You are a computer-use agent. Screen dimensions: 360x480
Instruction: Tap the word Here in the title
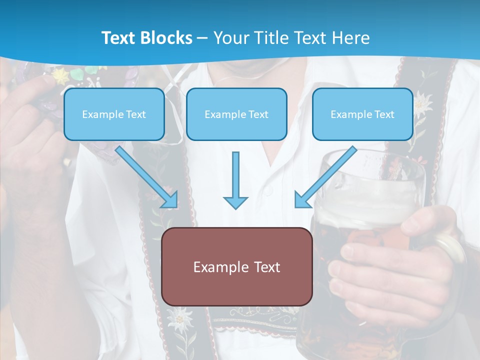351,38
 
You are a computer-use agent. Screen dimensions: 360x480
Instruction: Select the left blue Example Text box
114,114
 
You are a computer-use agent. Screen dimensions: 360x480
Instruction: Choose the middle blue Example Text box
236,114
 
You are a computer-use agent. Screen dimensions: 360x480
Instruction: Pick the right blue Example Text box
362,114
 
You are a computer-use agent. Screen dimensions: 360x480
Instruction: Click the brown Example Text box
236,266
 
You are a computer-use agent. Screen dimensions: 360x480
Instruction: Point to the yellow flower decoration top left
61,76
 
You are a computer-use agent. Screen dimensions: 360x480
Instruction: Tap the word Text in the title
118,38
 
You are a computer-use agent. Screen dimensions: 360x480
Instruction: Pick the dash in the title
202,38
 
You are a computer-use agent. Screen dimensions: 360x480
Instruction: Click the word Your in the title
230,38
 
